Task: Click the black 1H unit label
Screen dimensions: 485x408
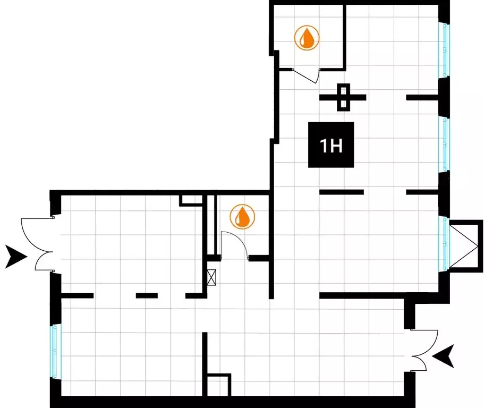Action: point(331,144)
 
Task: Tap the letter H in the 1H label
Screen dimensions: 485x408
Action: point(336,146)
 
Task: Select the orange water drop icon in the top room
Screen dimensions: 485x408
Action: point(307,38)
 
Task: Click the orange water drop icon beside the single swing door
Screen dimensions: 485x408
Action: point(242,217)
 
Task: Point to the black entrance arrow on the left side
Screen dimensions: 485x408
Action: point(16,257)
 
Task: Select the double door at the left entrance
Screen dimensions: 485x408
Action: point(37,244)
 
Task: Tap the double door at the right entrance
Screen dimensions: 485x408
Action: point(424,351)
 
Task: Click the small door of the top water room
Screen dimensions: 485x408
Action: point(305,76)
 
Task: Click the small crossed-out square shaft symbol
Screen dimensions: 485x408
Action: point(211,277)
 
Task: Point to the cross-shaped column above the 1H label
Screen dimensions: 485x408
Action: point(343,97)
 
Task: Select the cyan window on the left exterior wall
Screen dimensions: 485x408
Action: point(55,351)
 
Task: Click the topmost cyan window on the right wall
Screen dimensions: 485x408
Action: point(445,50)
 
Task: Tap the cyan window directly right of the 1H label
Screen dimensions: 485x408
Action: point(445,144)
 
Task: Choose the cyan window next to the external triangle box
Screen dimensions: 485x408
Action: point(445,243)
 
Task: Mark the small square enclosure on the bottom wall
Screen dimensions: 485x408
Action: point(218,385)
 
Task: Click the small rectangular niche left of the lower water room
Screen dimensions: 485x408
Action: point(191,200)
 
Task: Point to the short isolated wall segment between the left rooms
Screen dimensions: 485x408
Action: point(147,296)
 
